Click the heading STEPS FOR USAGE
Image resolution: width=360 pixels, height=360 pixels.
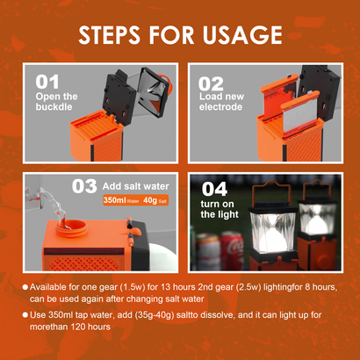180,35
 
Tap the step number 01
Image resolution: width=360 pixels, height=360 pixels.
49,83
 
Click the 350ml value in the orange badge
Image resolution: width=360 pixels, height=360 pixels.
115,201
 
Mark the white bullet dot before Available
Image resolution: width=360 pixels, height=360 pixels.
25,284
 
